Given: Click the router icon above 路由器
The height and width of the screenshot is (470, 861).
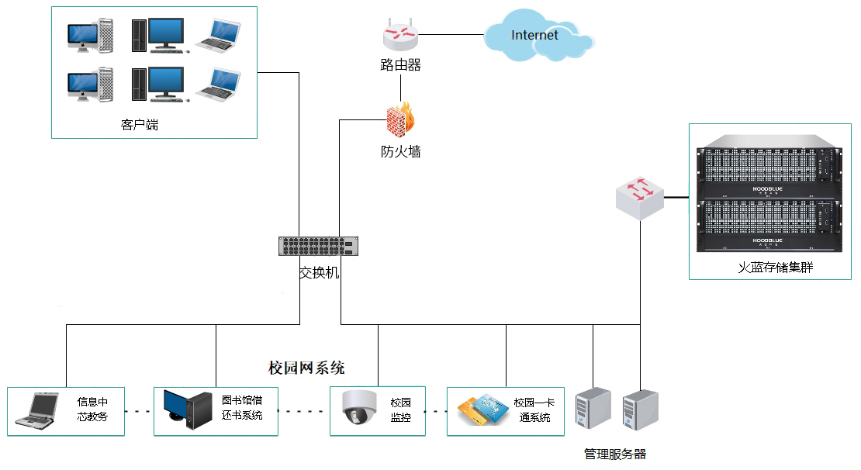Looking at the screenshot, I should click(400, 35).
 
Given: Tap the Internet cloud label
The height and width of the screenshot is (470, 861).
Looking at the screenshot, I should click(534, 35).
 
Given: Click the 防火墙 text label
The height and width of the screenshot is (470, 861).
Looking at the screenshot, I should click(400, 152).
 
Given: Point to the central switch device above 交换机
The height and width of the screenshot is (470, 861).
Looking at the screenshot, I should click(319, 246).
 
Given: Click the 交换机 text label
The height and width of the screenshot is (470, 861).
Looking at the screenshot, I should click(319, 273).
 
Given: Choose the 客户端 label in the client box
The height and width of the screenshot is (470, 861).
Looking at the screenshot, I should click(140, 124).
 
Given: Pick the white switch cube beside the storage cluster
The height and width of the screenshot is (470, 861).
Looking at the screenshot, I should click(640, 199).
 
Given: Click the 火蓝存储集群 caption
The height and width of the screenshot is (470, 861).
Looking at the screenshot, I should click(769, 268).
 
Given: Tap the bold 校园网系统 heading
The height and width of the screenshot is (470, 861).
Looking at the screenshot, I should click(306, 368).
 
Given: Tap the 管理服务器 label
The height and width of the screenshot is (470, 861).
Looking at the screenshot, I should click(615, 454).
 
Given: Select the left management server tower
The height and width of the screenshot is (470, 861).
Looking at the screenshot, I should click(593, 410).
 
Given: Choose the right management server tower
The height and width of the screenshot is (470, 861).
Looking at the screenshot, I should click(640, 410).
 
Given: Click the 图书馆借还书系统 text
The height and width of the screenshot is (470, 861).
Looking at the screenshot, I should click(241, 408).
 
